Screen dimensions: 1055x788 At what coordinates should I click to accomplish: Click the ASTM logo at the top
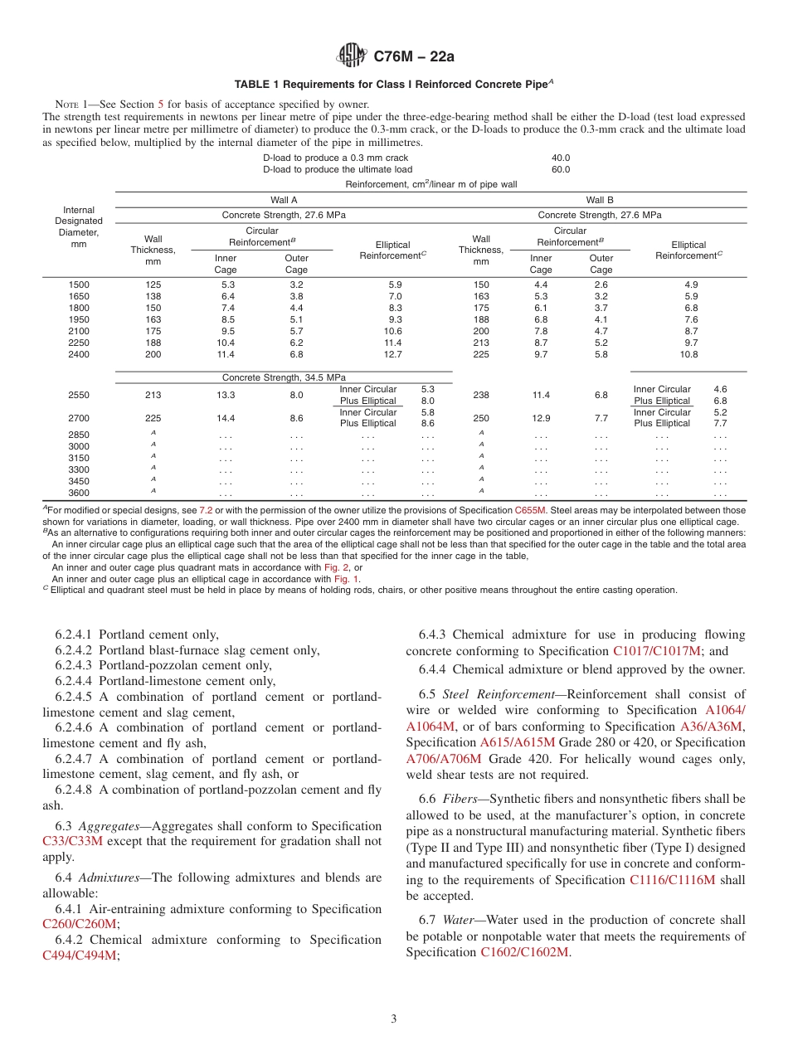[x=352, y=56]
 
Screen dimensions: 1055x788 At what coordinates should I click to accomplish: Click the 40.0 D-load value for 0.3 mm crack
[x=561, y=158]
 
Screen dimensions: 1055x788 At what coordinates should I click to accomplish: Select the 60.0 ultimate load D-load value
[x=561, y=169]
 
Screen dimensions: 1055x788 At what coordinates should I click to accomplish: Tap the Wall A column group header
[x=284, y=200]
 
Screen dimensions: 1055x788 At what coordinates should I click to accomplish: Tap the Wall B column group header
[x=600, y=200]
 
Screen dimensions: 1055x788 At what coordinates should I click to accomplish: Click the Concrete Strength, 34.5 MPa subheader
[x=284, y=378]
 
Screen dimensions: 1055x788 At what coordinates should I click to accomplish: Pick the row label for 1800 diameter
[x=79, y=308]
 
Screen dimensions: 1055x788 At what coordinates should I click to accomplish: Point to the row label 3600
[x=79, y=493]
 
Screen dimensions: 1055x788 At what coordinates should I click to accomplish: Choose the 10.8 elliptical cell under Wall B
[x=688, y=354]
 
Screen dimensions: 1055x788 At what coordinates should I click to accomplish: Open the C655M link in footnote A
[x=528, y=510]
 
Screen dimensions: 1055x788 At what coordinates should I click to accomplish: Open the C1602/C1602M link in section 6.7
[x=525, y=952]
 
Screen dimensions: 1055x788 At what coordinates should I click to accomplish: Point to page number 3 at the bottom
[x=394, y=1019]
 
